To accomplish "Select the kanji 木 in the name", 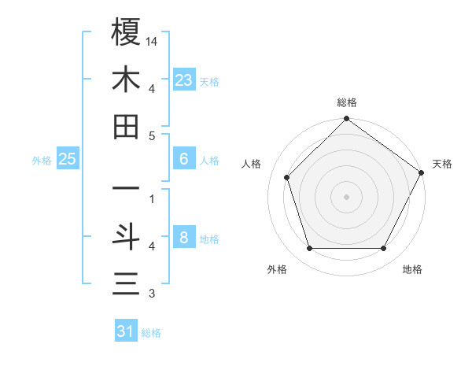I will tap(126, 80).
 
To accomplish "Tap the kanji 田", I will tap(126, 128).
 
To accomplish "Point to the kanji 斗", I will tap(126, 237).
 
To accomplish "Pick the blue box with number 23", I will tap(184, 80).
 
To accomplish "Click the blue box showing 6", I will tap(184, 159).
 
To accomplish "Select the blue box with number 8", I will tap(184, 238).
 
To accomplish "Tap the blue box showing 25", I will tap(68, 159).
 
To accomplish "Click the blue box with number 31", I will tap(126, 331).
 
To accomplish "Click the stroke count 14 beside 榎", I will tap(153, 40).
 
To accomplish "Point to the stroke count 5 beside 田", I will tap(152, 136).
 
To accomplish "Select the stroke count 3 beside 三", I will tap(152, 294).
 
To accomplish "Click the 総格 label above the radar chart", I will tap(347, 102).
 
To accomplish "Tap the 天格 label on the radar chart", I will tap(442, 164).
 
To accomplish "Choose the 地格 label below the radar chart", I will tap(412, 269).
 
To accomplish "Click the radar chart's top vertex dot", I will tap(347, 120).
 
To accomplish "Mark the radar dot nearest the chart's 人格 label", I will tap(287, 177).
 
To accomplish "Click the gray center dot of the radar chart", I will tap(347, 196).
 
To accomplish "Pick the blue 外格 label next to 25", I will tap(42, 160).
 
